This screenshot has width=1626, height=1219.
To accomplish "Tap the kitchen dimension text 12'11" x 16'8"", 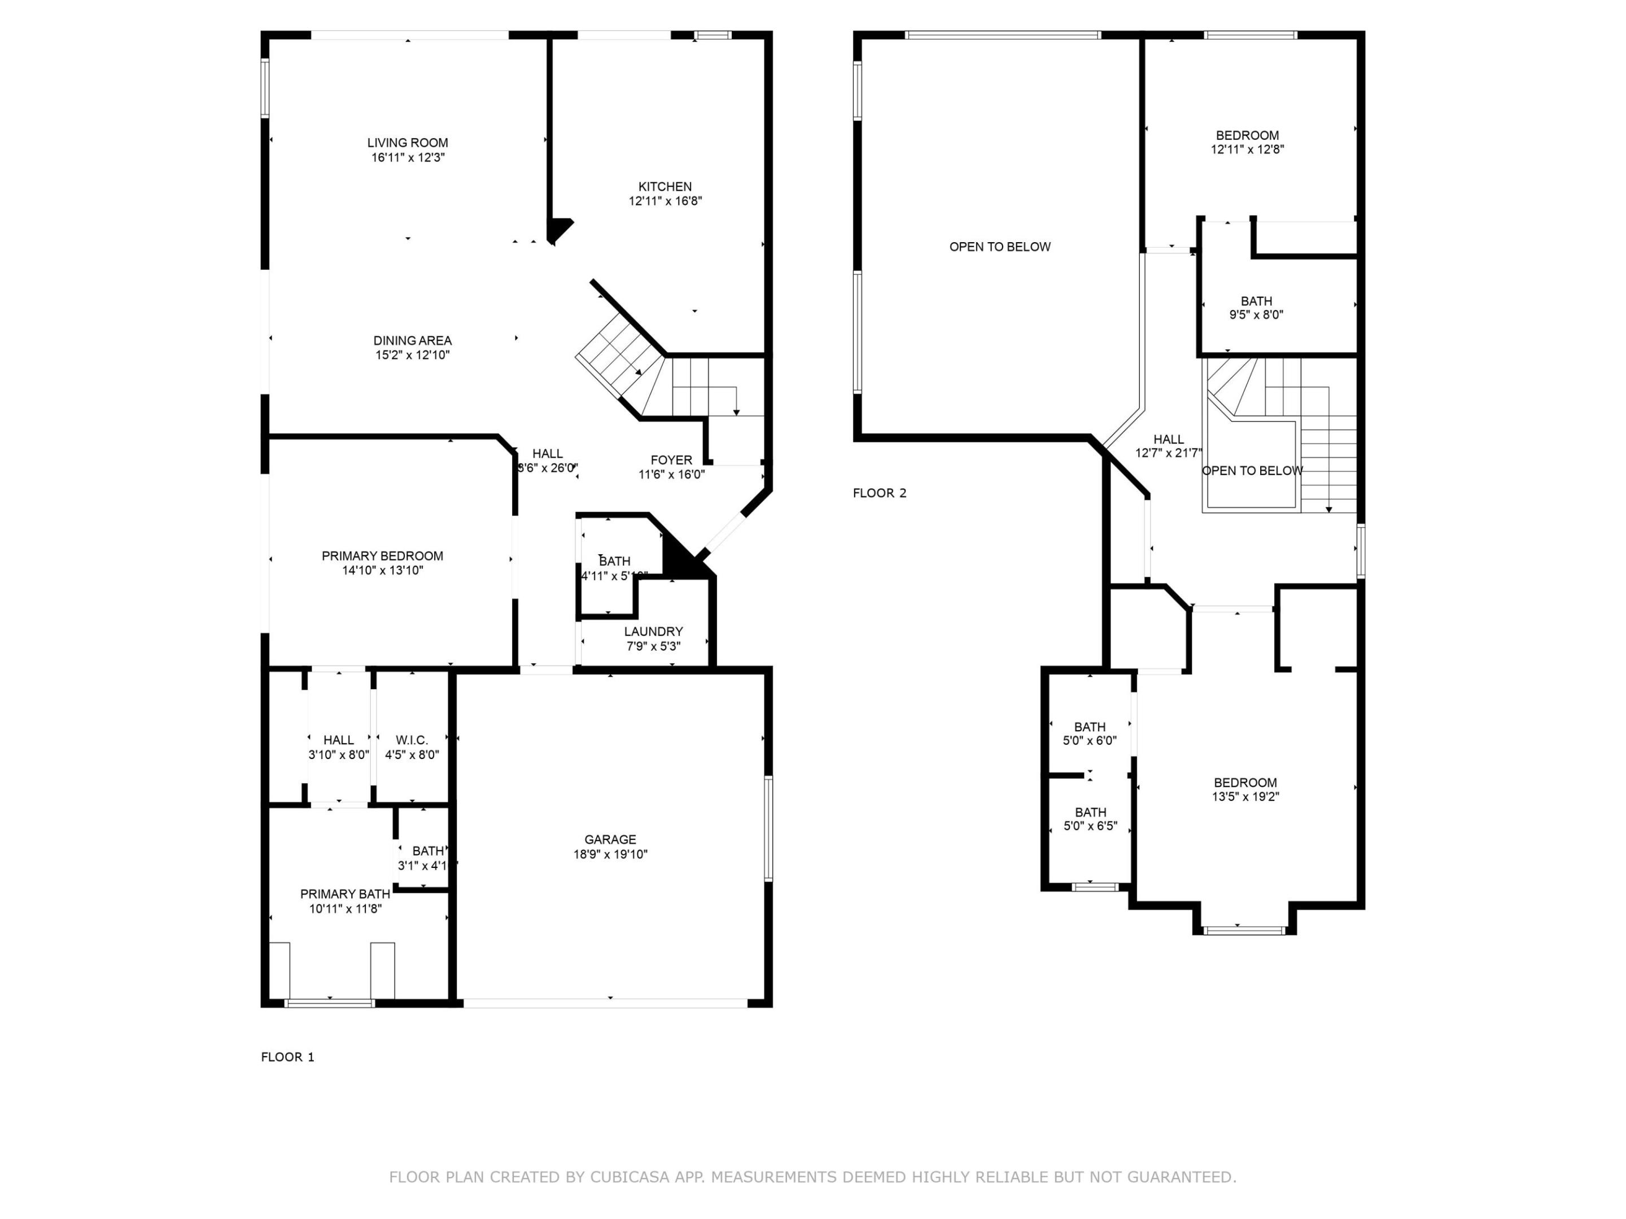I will coord(665,200).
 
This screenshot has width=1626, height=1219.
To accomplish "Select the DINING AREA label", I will coord(412,340).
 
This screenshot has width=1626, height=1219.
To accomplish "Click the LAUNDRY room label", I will coord(653,631).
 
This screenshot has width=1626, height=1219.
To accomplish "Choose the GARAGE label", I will coord(610,839).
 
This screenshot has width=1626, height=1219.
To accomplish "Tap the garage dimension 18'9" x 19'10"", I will coord(610,854).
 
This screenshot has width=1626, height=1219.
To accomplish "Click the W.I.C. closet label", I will coord(411,740).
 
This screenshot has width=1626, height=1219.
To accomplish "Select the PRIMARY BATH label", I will coord(345,894).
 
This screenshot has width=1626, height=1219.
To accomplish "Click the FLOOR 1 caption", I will coord(287,1056).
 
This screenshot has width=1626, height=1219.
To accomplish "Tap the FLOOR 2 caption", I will coord(879,493).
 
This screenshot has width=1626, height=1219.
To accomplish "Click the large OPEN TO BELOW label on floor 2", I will coord(1000,247).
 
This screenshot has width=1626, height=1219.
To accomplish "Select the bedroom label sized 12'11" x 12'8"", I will coord(1247,135).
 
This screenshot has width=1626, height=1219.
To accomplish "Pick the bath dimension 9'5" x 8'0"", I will coord(1256,314).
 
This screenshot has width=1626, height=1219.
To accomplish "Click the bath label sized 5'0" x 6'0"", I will coord(1090,727).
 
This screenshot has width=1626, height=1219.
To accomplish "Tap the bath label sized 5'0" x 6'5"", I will coord(1090,812).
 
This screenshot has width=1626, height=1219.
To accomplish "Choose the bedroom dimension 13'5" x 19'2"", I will coord(1245,796).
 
